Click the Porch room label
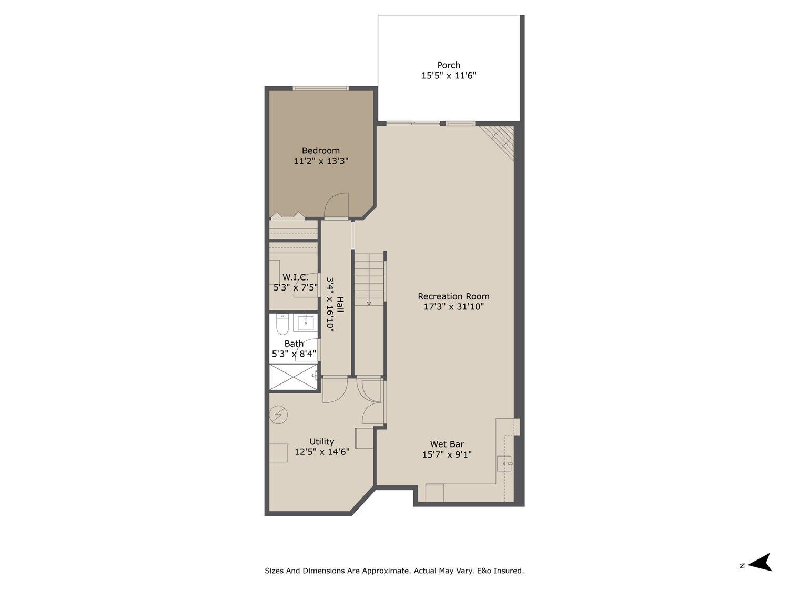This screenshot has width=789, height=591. pyautogui.click(x=449, y=65)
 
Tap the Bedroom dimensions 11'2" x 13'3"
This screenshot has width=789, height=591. pyautogui.click(x=321, y=161)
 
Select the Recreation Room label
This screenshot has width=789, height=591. pyautogui.click(x=453, y=296)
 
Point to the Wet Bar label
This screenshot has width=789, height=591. pyautogui.click(x=447, y=444)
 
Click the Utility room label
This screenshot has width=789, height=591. pyautogui.click(x=321, y=442)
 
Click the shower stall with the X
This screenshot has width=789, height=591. pyautogui.click(x=294, y=377)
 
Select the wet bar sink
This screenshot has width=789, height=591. pyautogui.click(x=505, y=463)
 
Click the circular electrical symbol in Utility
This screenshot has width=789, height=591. pyautogui.click(x=279, y=415)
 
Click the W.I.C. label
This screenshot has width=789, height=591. pyautogui.click(x=295, y=277)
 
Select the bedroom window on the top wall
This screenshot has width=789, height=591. pyautogui.click(x=321, y=88)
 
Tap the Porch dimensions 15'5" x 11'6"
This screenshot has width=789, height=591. pyautogui.click(x=449, y=76)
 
